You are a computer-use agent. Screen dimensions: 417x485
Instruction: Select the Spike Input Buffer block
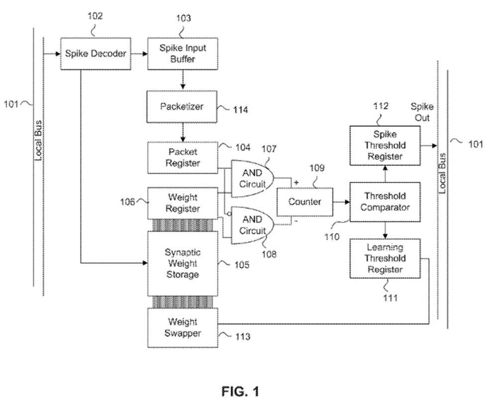(183, 53)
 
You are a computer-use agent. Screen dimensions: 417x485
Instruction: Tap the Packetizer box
(183, 106)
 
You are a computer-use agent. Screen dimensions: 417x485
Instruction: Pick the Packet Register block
(183, 158)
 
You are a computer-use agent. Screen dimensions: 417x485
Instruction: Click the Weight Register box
(183, 204)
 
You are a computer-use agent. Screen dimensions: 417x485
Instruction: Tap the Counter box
(304, 202)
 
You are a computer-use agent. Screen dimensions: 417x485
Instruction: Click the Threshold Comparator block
(385, 202)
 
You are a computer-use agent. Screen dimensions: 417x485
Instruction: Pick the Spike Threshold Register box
(385, 145)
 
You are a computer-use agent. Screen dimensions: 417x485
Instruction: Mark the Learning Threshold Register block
(385, 258)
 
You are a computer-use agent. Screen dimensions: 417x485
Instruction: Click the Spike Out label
(422, 112)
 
